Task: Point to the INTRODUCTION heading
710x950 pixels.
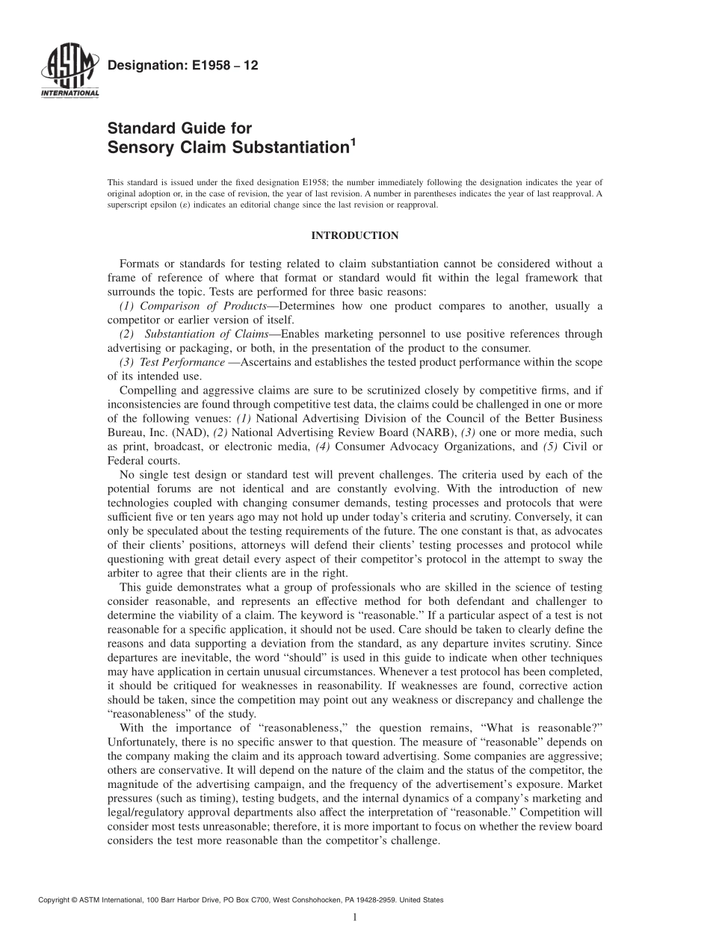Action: (x=354, y=236)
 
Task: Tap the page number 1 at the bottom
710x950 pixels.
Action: (x=354, y=918)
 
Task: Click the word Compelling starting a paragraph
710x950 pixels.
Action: (x=146, y=391)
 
